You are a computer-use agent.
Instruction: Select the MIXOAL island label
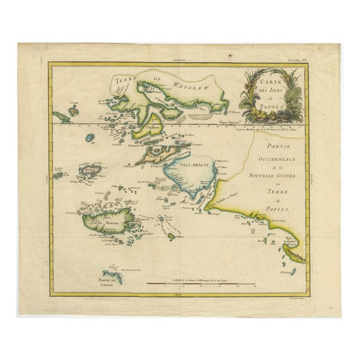[x=94, y=223]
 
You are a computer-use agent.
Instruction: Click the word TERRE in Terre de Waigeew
[x=126, y=80]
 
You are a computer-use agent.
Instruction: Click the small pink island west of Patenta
[x=88, y=168]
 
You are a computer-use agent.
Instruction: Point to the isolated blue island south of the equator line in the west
[x=89, y=137]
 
